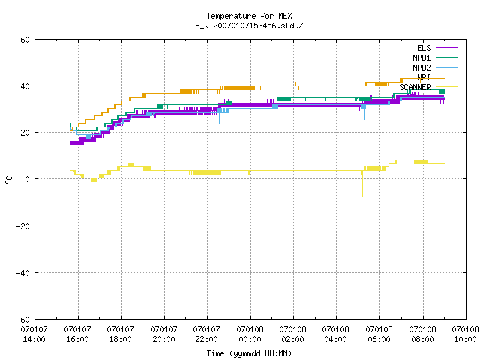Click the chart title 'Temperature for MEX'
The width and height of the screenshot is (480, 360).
click(x=249, y=16)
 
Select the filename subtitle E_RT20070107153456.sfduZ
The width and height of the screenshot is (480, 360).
click(x=249, y=25)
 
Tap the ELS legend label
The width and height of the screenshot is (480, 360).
click(x=424, y=48)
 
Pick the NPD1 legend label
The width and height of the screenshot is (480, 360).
click(x=421, y=58)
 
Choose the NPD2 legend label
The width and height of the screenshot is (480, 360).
click(x=421, y=67)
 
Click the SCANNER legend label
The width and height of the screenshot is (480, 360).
click(x=415, y=87)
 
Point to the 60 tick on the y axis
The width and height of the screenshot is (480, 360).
click(x=25, y=40)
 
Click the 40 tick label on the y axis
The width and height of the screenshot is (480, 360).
click(x=25, y=86)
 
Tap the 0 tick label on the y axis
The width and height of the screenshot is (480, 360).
click(x=28, y=179)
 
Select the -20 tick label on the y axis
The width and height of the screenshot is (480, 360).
click(x=23, y=226)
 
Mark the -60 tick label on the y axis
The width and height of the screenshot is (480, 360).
click(x=23, y=319)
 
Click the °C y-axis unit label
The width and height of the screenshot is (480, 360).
click(x=8, y=180)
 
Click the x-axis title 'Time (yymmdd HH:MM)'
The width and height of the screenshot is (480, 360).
click(x=249, y=353)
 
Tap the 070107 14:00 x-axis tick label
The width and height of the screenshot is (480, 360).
click(x=34, y=334)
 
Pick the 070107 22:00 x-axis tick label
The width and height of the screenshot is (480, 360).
click(x=207, y=334)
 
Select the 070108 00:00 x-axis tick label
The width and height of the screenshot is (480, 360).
click(x=250, y=334)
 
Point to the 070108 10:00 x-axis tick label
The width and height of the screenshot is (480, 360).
click(x=465, y=334)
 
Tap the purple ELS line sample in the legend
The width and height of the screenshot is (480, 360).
click(x=446, y=48)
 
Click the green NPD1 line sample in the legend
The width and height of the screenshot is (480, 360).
click(x=446, y=57)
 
